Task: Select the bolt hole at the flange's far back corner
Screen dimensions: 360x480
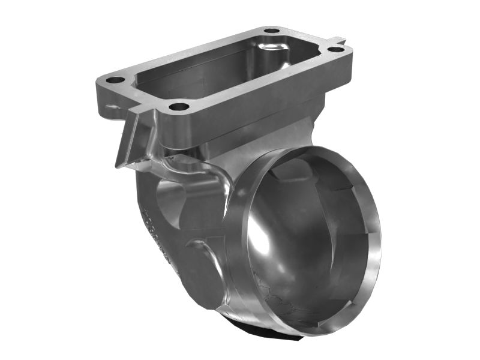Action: click(272, 30)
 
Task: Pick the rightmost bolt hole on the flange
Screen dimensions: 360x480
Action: click(337, 49)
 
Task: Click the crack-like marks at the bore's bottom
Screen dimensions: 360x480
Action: click(282, 300)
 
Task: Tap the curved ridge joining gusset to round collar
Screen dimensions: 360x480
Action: click(198, 168)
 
